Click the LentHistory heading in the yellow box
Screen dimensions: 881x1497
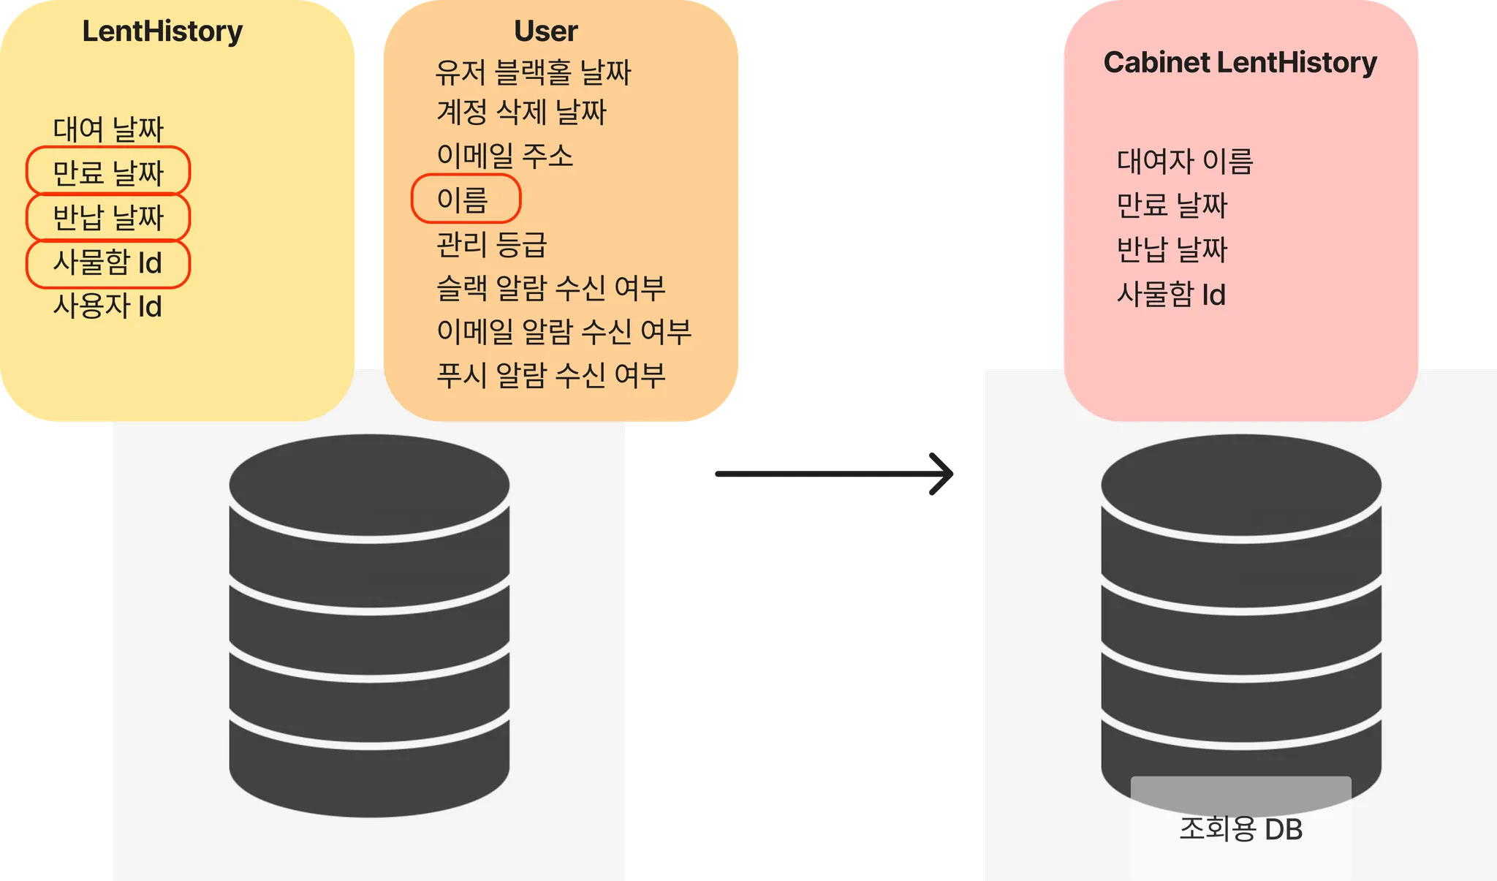point(162,31)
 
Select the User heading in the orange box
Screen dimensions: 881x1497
point(545,31)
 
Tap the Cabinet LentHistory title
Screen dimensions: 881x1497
point(1240,63)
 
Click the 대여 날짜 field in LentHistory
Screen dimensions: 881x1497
point(108,129)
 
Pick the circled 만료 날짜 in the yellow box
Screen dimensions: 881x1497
point(108,173)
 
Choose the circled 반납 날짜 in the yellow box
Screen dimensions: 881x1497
point(108,217)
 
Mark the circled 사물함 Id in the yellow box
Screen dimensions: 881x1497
point(108,262)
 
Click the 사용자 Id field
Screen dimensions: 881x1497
point(107,306)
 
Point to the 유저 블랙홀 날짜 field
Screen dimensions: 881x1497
point(533,72)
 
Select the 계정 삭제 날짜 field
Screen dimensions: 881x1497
point(521,113)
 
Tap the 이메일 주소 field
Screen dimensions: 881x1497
point(504,156)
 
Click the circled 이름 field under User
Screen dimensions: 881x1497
point(464,199)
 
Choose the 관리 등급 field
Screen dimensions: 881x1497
point(491,244)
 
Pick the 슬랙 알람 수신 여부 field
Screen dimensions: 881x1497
point(550,288)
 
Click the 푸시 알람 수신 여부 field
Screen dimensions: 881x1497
point(550,375)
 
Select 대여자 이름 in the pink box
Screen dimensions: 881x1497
point(1185,162)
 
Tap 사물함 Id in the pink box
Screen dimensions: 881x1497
point(1171,295)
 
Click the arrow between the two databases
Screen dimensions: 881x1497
point(834,474)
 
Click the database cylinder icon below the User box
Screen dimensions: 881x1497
point(369,625)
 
